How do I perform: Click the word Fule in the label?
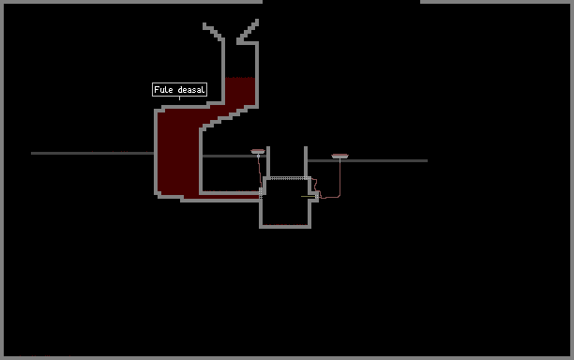pyautogui.click(x=163, y=90)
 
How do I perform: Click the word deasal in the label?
pyautogui.click(x=191, y=90)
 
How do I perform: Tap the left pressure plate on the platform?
pyautogui.click(x=258, y=151)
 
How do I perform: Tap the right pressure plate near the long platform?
pyautogui.click(x=340, y=157)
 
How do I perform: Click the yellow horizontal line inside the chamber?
pyautogui.click(x=309, y=197)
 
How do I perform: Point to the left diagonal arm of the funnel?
pyautogui.click(x=212, y=31)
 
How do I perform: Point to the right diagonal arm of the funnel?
pyautogui.click(x=249, y=31)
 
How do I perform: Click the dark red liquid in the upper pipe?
pyautogui.click(x=240, y=91)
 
